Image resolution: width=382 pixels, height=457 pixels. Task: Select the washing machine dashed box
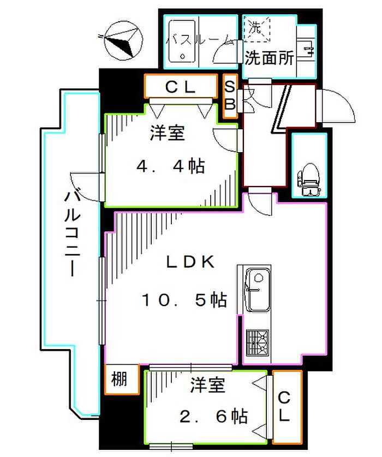257,28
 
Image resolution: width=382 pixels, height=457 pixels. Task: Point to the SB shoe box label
230,96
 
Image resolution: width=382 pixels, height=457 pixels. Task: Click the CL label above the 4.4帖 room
180,86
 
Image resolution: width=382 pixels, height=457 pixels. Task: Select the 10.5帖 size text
184,299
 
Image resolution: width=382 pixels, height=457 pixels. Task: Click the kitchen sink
255,290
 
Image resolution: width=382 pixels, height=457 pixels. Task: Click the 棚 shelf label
121,378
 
